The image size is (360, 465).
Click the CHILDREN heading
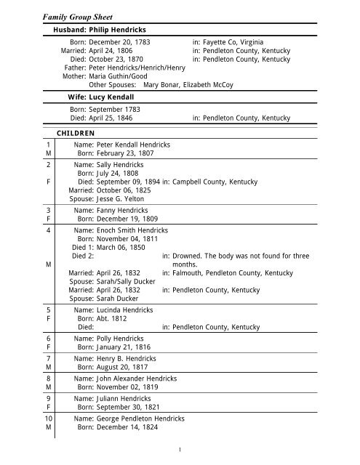click(x=75, y=133)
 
